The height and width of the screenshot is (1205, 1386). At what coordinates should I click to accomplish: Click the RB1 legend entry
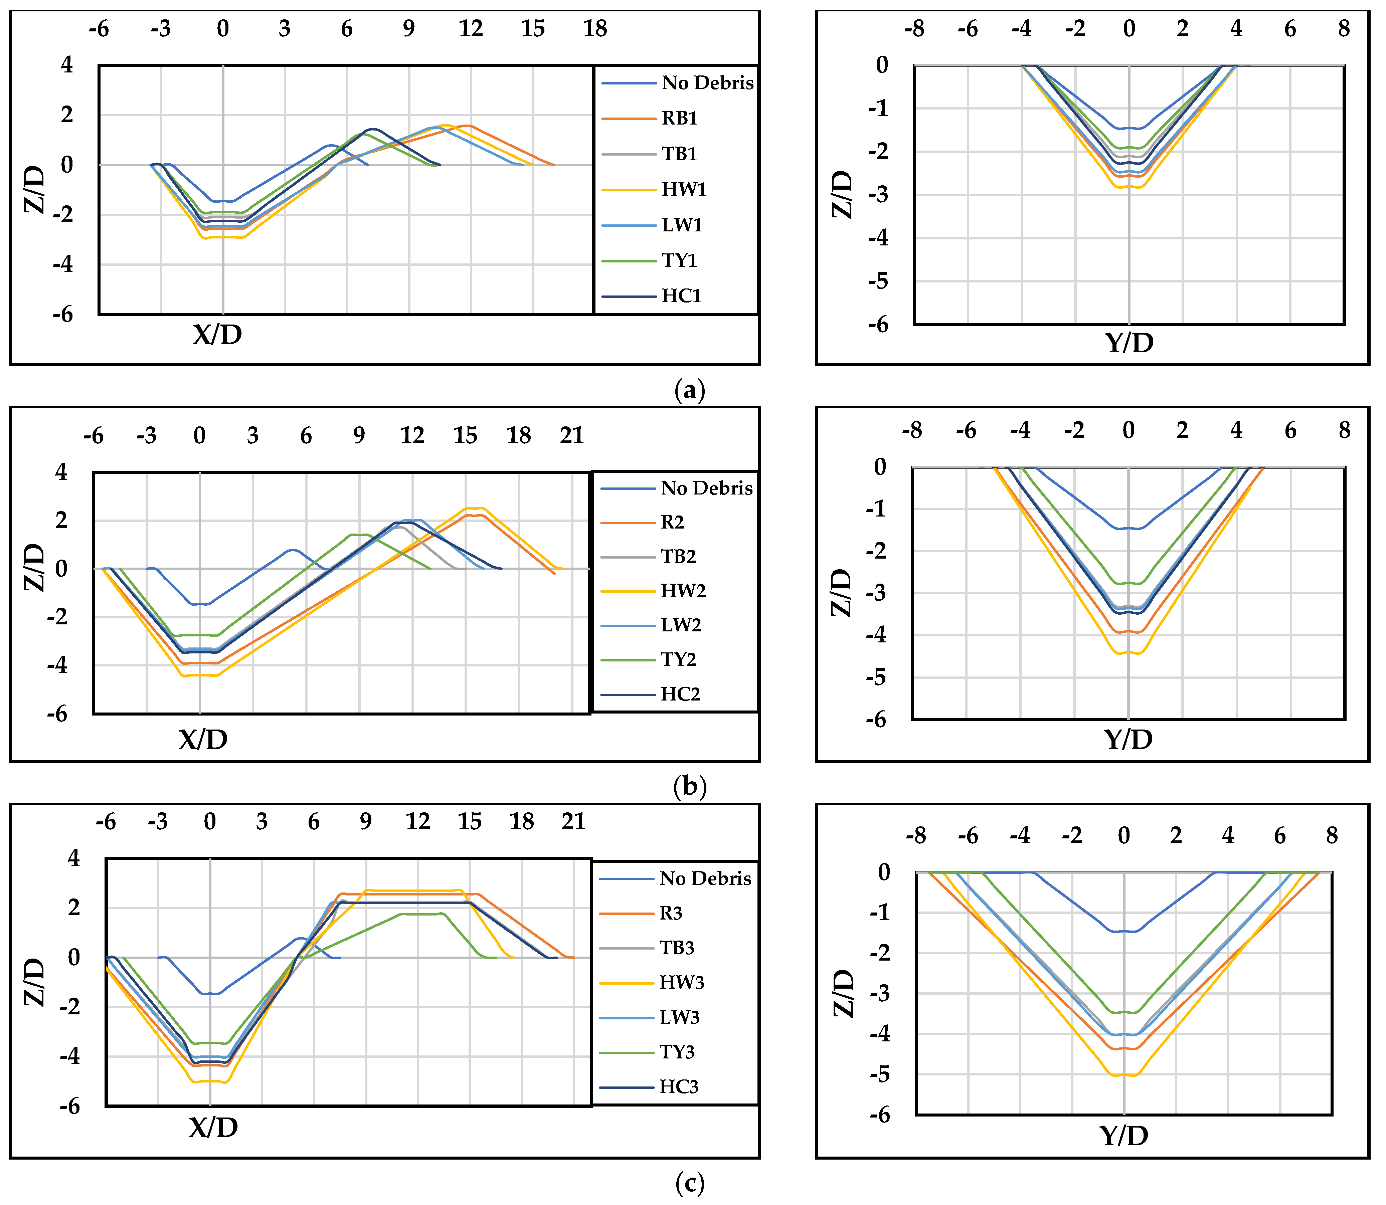click(679, 118)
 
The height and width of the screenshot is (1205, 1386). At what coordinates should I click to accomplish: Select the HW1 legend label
click(684, 190)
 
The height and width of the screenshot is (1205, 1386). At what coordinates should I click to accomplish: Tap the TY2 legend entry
click(678, 660)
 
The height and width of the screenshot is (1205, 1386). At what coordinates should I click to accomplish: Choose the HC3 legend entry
click(679, 1087)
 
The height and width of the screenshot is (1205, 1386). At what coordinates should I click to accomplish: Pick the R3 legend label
click(671, 913)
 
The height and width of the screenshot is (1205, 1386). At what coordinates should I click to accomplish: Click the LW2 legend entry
click(681, 625)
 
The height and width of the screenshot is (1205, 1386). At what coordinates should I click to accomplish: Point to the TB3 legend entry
click(677, 948)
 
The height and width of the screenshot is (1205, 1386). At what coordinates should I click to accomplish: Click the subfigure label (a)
click(689, 390)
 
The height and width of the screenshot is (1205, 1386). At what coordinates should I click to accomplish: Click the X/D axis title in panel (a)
click(217, 334)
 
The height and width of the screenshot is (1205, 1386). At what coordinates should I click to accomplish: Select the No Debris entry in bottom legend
click(705, 879)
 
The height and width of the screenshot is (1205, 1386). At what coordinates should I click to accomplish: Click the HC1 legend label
click(681, 296)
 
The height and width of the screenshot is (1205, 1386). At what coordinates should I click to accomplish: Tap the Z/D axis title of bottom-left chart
click(35, 982)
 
